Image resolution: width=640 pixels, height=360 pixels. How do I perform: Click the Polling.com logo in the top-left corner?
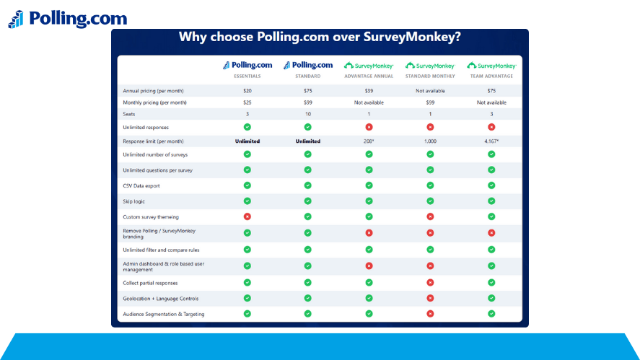pyautogui.click(x=67, y=19)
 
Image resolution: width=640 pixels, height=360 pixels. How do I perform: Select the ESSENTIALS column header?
pyautogui.click(x=247, y=76)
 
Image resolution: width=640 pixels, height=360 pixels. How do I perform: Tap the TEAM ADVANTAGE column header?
pyautogui.click(x=491, y=76)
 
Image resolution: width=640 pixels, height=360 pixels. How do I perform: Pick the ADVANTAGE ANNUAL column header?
pyautogui.click(x=369, y=76)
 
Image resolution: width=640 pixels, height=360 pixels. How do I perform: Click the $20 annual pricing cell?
pyautogui.click(x=247, y=91)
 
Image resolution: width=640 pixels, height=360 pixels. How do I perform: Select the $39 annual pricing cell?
pyautogui.click(x=369, y=91)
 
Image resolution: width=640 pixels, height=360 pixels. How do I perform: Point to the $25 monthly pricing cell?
pyautogui.click(x=247, y=102)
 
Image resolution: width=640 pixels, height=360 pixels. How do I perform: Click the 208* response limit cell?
pyautogui.click(x=369, y=141)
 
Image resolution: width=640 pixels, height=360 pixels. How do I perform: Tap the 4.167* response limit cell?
pyautogui.click(x=491, y=141)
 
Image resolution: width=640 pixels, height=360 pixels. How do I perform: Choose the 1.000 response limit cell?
pyautogui.click(x=430, y=141)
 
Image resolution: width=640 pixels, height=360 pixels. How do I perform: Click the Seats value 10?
pyautogui.click(x=307, y=114)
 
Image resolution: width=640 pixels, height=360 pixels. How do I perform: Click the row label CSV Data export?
pyautogui.click(x=141, y=186)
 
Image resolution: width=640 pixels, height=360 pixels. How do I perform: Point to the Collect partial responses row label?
pyautogui.click(x=150, y=283)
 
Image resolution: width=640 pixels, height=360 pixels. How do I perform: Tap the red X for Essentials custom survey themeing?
pyautogui.click(x=247, y=216)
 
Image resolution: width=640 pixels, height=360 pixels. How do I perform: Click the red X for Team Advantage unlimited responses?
pyautogui.click(x=491, y=127)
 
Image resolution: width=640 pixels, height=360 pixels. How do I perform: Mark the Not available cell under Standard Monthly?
pyautogui.click(x=430, y=91)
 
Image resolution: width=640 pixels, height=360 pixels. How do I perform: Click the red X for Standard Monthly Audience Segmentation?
pyautogui.click(x=430, y=314)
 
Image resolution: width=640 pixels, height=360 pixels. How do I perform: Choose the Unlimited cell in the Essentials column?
pyautogui.click(x=247, y=141)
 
